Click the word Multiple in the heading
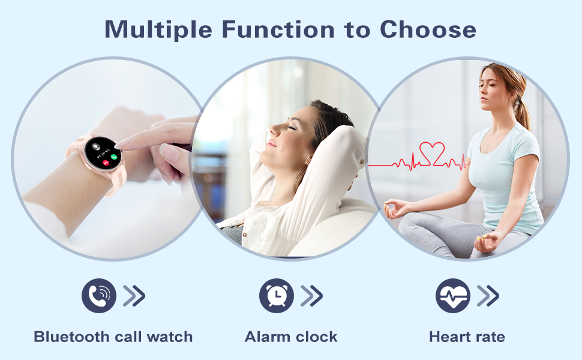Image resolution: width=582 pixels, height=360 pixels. pyautogui.click(x=158, y=29)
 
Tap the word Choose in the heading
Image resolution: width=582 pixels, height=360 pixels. pyautogui.click(x=428, y=29)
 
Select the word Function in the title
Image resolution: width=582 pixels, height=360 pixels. pyautogui.click(x=278, y=29)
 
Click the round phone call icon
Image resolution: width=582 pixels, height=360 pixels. pyautogui.click(x=99, y=296)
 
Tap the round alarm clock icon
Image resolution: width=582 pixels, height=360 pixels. pyautogui.click(x=277, y=296)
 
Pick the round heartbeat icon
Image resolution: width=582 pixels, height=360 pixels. pyautogui.click(x=453, y=296)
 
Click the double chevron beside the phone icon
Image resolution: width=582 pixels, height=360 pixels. pyautogui.click(x=134, y=296)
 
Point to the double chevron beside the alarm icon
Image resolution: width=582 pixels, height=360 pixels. pyautogui.click(x=311, y=296)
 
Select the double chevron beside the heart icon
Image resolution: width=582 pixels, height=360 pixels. pyautogui.click(x=488, y=296)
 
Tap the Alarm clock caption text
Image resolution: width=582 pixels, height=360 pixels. pyautogui.click(x=291, y=337)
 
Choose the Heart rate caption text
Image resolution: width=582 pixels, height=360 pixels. pyautogui.click(x=467, y=337)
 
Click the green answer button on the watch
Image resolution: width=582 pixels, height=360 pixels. pyautogui.click(x=114, y=157)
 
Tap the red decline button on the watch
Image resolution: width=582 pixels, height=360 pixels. pyautogui.click(x=106, y=163)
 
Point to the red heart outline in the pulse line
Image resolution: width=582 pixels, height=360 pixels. pyautogui.click(x=432, y=154)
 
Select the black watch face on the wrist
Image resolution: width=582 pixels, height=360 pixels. pyautogui.click(x=103, y=153)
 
